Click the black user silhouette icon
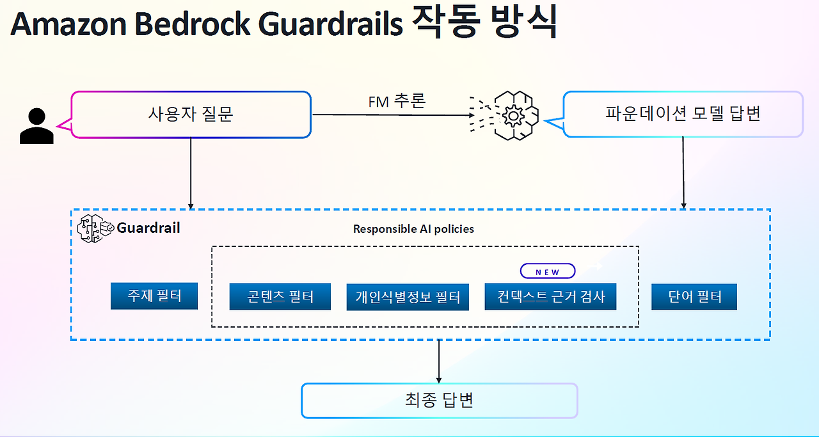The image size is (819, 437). pos(36,125)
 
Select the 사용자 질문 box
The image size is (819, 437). pos(191,115)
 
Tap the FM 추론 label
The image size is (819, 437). pos(397,101)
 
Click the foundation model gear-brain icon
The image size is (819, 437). pos(511,116)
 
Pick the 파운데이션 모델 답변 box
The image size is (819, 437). pos(683,115)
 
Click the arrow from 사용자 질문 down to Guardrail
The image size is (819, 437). pos(191,173)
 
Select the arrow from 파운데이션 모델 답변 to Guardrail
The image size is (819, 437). pos(683,173)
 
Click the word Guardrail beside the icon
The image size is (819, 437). pos(148,228)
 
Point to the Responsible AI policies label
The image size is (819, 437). pos(413,229)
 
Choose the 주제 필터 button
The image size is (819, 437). pos(154,296)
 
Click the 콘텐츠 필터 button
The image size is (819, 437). pos(280,297)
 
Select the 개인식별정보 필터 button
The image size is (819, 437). pos(408,298)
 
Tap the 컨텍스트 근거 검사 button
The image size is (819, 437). pos(550,297)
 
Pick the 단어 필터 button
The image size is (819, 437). pos(694,297)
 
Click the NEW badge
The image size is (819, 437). pos(547,271)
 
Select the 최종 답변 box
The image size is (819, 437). pos(439,401)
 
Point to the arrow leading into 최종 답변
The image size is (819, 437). pos(439,362)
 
